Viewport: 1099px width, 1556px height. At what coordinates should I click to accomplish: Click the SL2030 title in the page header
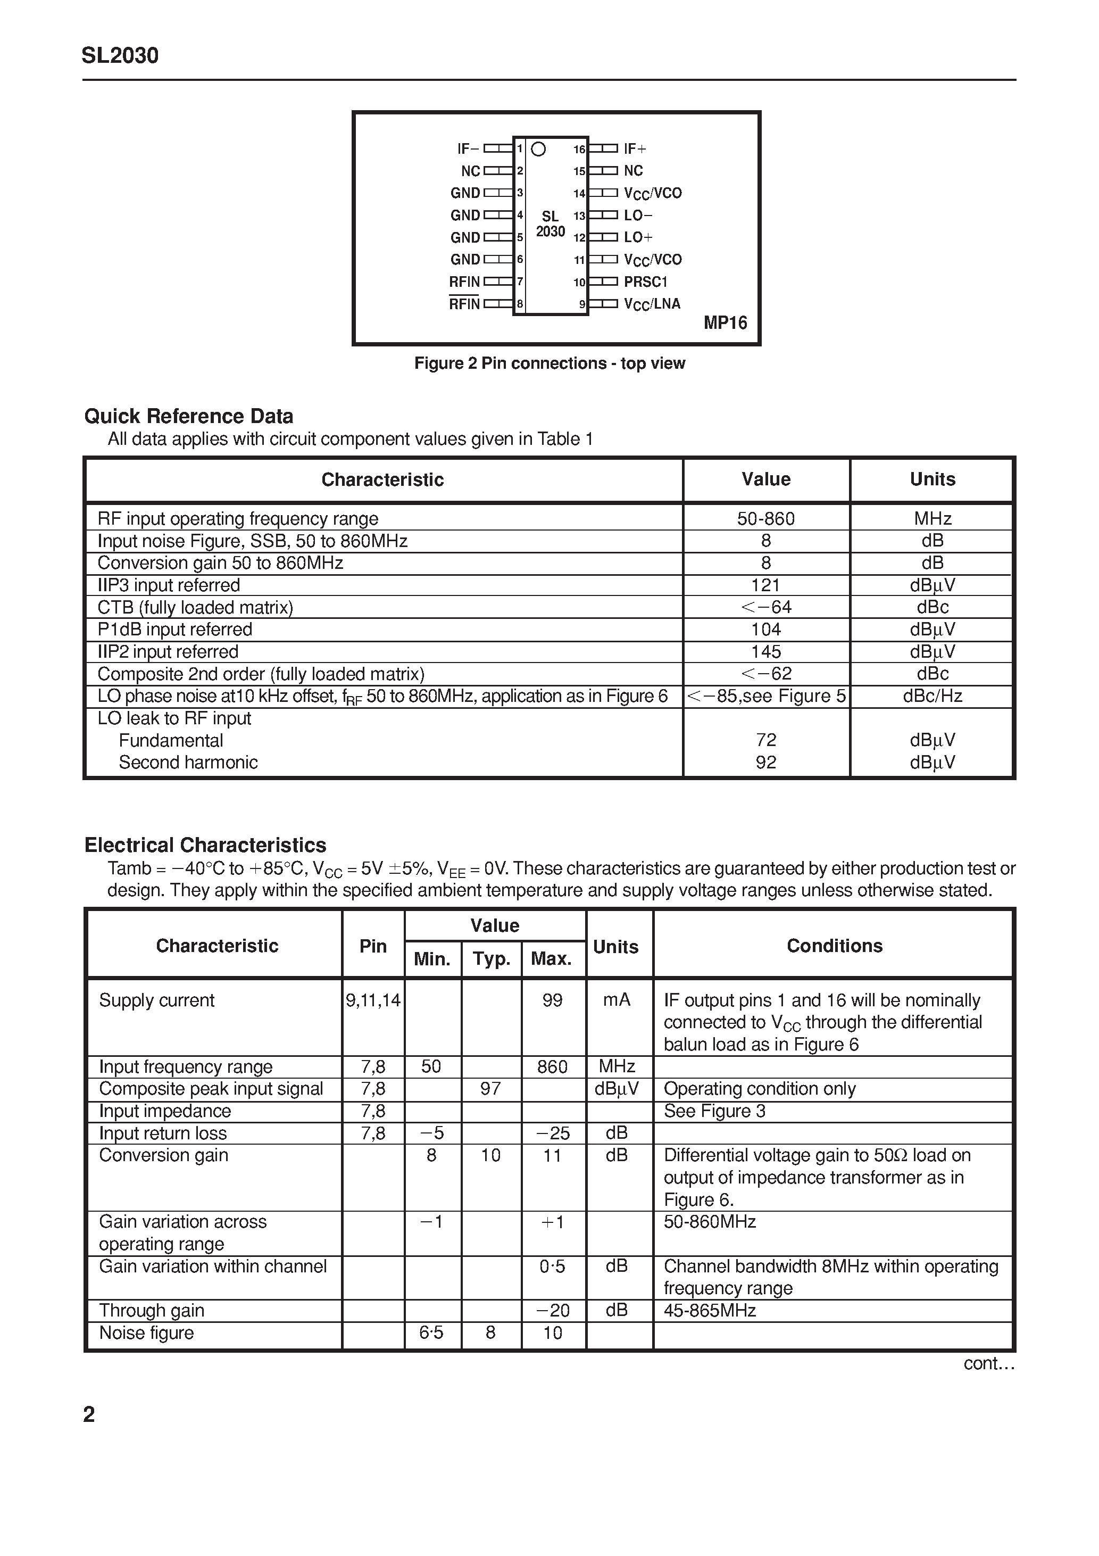(x=120, y=55)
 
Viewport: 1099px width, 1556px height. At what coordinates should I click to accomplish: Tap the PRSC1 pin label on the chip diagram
(x=646, y=282)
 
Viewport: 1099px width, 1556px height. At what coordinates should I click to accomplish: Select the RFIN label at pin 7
(x=464, y=282)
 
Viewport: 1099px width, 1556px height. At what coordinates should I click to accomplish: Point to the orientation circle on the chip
(x=539, y=149)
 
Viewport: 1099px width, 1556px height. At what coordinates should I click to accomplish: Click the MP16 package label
(x=725, y=322)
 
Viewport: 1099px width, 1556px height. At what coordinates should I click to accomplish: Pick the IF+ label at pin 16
(x=635, y=148)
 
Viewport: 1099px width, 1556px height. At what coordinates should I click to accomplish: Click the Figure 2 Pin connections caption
(x=549, y=363)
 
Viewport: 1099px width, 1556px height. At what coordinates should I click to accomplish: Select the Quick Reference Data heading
(x=188, y=416)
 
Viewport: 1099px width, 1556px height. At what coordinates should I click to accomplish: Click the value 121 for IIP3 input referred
(x=765, y=585)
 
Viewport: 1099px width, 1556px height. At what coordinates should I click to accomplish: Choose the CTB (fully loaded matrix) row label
(x=195, y=607)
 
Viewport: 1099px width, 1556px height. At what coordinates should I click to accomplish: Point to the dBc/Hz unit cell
(x=933, y=696)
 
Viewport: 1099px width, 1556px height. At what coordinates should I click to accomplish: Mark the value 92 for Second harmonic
(x=765, y=763)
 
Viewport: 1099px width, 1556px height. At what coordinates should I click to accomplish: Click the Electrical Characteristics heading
(x=205, y=845)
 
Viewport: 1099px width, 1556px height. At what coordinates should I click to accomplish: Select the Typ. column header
(x=491, y=959)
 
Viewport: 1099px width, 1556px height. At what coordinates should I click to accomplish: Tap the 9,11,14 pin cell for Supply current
(x=373, y=1000)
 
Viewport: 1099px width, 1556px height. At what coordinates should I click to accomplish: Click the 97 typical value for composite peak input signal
(x=490, y=1088)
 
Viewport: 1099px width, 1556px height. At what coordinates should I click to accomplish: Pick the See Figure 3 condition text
(x=714, y=1111)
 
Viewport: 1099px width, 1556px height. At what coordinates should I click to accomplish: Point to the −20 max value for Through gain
(x=553, y=1310)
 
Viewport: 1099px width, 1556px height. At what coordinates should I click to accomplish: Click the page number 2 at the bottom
(x=89, y=1414)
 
